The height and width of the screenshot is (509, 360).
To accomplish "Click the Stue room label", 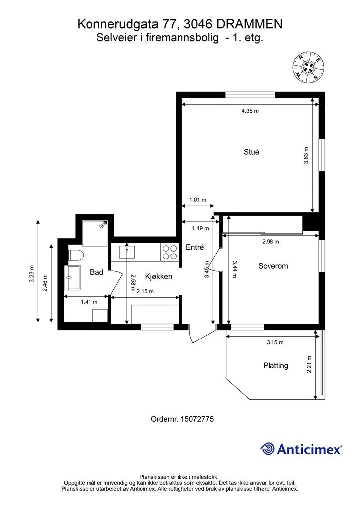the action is [251, 152].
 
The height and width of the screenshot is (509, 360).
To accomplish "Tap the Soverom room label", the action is [273, 266].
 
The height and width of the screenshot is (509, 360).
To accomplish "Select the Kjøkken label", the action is [159, 276].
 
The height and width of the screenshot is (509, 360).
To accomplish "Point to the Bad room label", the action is [96, 272].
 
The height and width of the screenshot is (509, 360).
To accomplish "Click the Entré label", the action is [195, 247].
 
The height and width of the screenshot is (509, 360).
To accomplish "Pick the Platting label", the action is [275, 366].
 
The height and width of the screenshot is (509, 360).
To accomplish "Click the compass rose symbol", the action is [308, 67].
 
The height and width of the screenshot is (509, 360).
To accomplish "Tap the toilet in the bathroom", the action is [76, 255].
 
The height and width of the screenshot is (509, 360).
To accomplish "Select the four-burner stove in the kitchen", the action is [169, 252].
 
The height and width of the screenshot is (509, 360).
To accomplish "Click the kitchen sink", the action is [127, 252].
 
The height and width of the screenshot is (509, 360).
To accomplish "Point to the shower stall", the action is [94, 233].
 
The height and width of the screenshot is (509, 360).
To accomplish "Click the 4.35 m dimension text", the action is [250, 111].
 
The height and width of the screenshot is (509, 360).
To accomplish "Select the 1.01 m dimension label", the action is [198, 200].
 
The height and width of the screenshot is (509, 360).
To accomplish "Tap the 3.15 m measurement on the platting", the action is [275, 342].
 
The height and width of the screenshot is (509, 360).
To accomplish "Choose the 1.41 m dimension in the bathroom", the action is [89, 302].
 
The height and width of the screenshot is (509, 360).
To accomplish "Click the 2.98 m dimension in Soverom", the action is [270, 241].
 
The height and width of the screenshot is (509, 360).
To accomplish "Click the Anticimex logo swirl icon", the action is [268, 449].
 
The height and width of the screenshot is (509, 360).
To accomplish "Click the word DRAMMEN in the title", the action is [249, 24].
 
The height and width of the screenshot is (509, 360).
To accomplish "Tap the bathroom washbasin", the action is [73, 277].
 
